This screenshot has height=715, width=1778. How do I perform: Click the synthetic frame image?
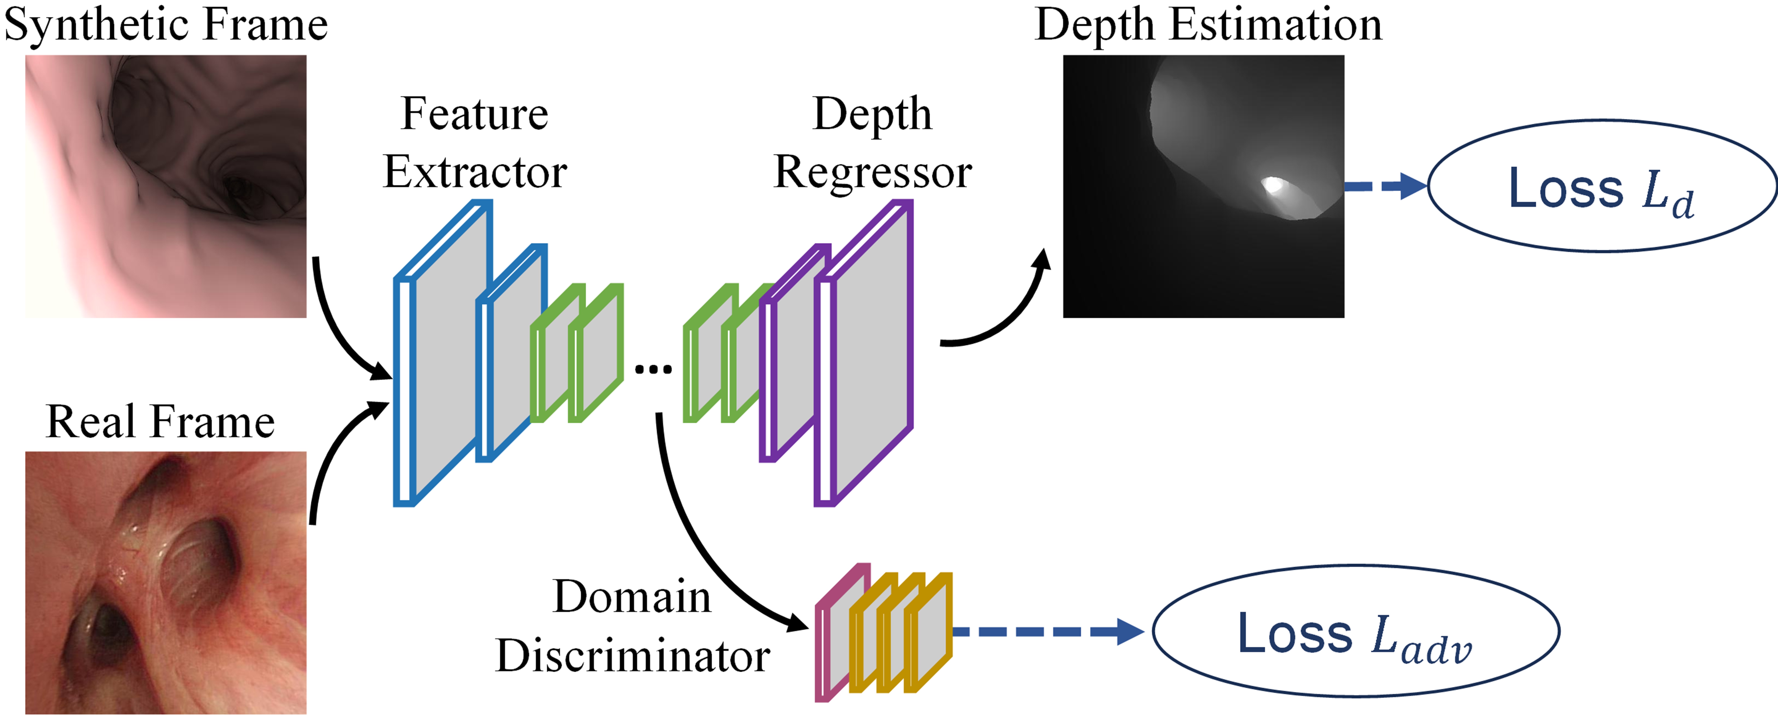166,186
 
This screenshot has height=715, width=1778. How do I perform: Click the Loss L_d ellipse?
1601,186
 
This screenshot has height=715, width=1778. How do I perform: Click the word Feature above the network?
475,114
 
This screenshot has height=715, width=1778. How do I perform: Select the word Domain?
631,597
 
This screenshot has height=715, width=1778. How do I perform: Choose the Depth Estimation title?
1208,25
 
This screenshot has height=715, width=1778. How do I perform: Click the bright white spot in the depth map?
1272,185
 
